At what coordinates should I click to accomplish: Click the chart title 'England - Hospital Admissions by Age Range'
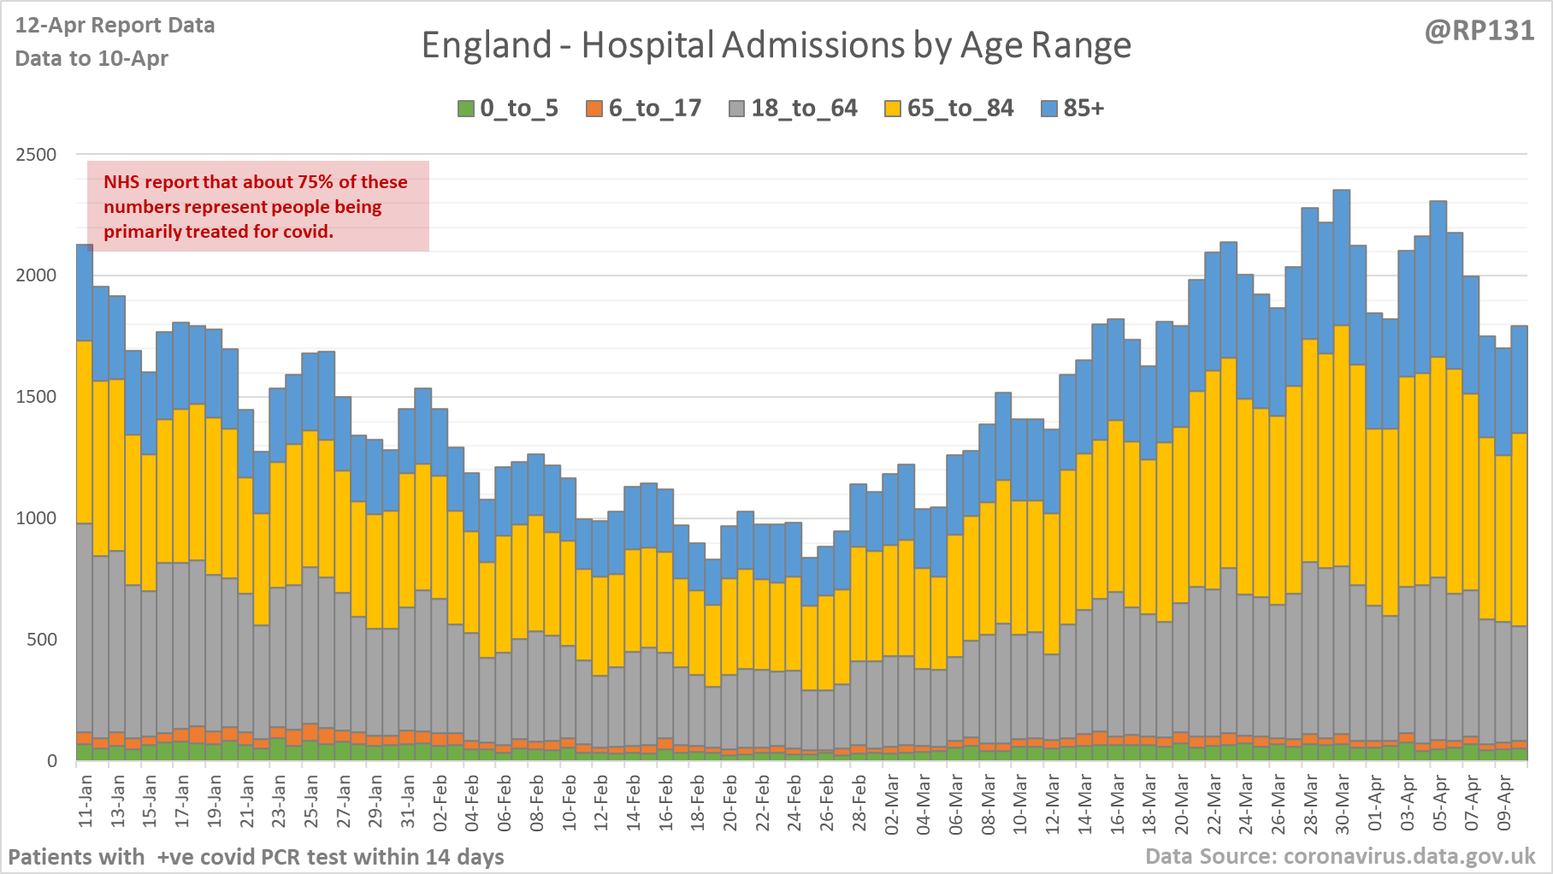click(776, 45)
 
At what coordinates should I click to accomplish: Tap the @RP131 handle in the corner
click(1479, 31)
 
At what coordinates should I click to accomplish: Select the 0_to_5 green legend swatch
click(466, 109)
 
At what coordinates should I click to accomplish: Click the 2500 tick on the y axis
click(36, 155)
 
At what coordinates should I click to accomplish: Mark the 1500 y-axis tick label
click(36, 397)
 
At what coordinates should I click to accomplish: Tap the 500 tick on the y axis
click(41, 640)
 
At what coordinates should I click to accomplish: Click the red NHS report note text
click(255, 207)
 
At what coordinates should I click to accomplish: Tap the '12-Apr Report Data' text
click(115, 26)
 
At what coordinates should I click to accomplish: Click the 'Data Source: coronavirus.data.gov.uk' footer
click(1340, 856)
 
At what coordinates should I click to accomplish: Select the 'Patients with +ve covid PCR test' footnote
click(256, 857)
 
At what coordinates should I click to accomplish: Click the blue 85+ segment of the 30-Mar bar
click(1342, 257)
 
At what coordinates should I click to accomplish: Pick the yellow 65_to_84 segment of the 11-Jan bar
click(85, 432)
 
